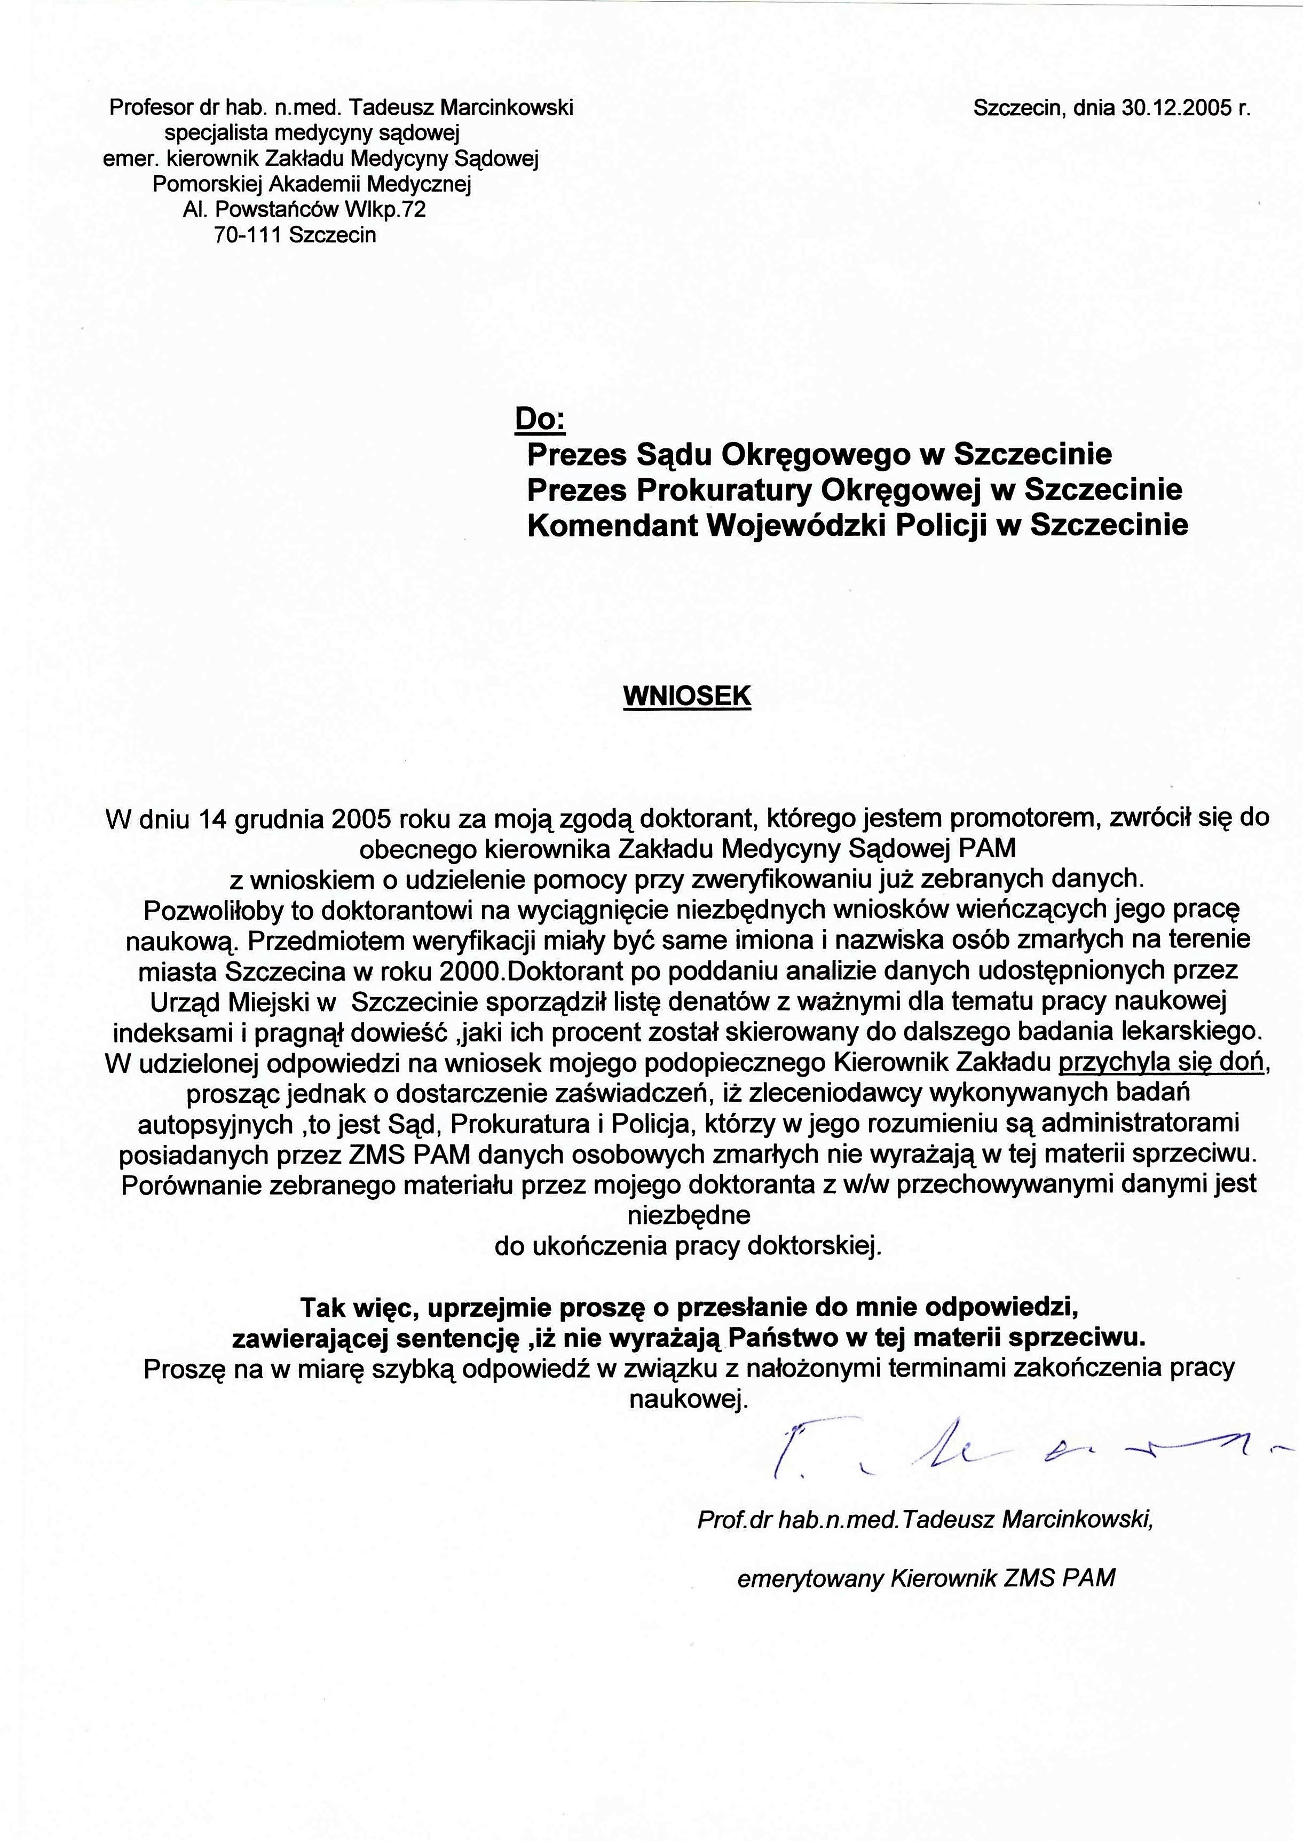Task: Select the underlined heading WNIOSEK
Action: pos(687,696)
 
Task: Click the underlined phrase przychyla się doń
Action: pos(1161,1063)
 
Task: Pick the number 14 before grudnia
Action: pos(210,819)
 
